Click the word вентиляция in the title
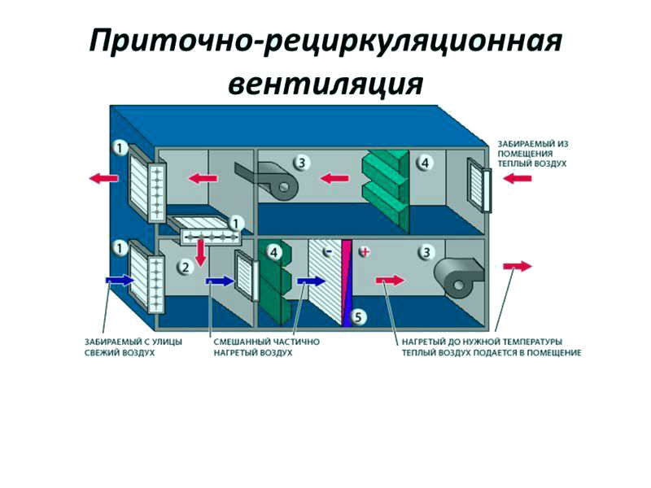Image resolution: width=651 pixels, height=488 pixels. click(x=325, y=84)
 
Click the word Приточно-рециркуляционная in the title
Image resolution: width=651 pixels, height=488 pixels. click(x=325, y=41)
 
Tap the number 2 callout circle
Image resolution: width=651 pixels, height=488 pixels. click(x=186, y=265)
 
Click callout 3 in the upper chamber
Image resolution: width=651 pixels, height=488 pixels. click(x=300, y=163)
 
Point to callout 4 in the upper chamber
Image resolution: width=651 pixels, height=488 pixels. click(x=424, y=163)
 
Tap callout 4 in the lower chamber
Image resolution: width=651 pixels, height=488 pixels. click(x=274, y=253)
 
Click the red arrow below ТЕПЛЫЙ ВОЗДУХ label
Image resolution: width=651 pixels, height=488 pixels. click(x=518, y=178)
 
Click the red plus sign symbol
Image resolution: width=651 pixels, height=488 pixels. click(x=365, y=252)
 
